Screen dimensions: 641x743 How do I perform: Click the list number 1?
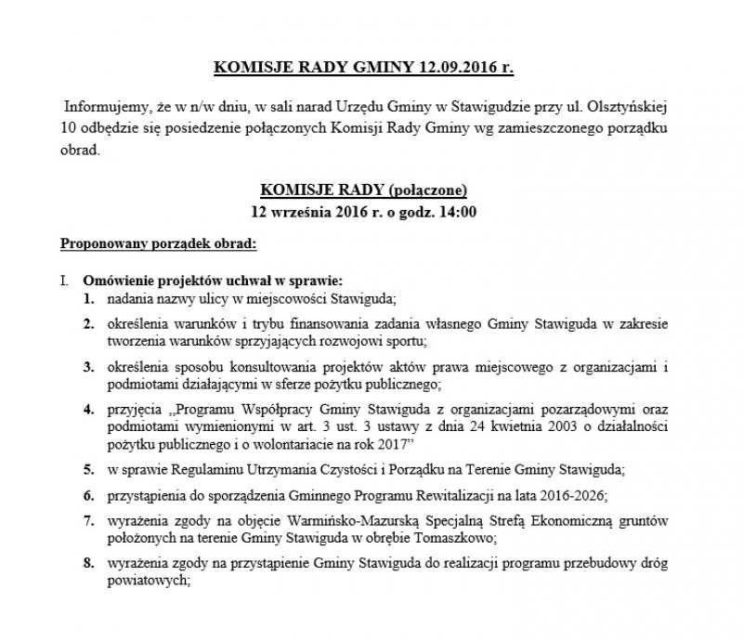pos(86,299)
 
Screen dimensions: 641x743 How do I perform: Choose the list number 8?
pos(86,565)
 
